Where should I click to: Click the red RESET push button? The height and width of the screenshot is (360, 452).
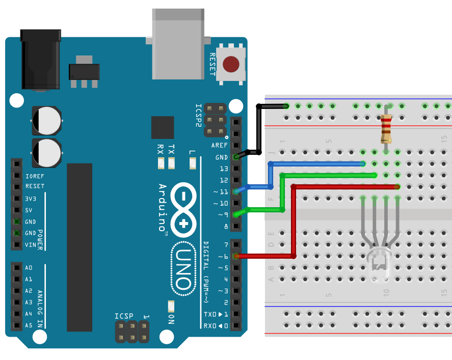231,65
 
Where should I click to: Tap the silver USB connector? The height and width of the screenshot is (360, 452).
178,44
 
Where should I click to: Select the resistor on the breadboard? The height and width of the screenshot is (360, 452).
386,128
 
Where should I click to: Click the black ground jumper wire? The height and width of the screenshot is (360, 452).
259,127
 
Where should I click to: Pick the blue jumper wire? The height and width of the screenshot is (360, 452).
316,163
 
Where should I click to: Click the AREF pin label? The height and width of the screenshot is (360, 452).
220,146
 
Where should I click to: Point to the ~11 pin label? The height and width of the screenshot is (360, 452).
221,191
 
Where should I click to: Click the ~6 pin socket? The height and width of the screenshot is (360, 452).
236,256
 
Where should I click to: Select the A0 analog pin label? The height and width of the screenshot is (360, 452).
29,268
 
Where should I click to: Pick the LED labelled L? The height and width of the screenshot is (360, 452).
192,163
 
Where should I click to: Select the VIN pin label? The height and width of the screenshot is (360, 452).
31,245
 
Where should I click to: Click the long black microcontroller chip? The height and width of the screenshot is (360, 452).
79,247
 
